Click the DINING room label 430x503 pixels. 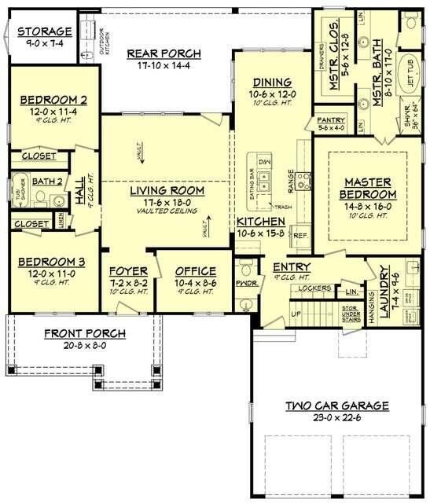(x=272, y=82)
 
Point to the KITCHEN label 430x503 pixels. (x=255, y=222)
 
